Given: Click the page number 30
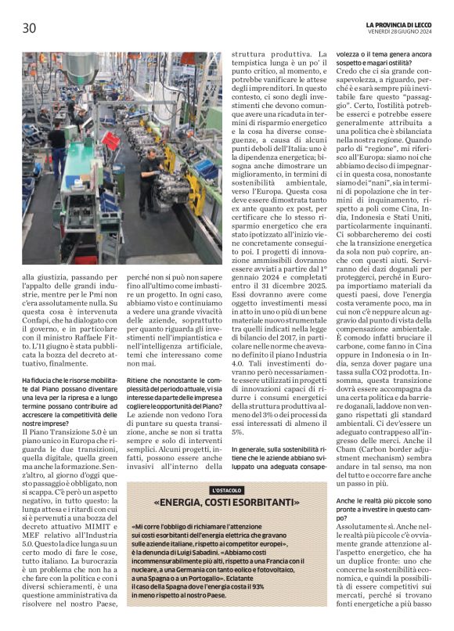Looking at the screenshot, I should [30, 28].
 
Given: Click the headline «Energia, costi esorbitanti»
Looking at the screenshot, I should [226, 503].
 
